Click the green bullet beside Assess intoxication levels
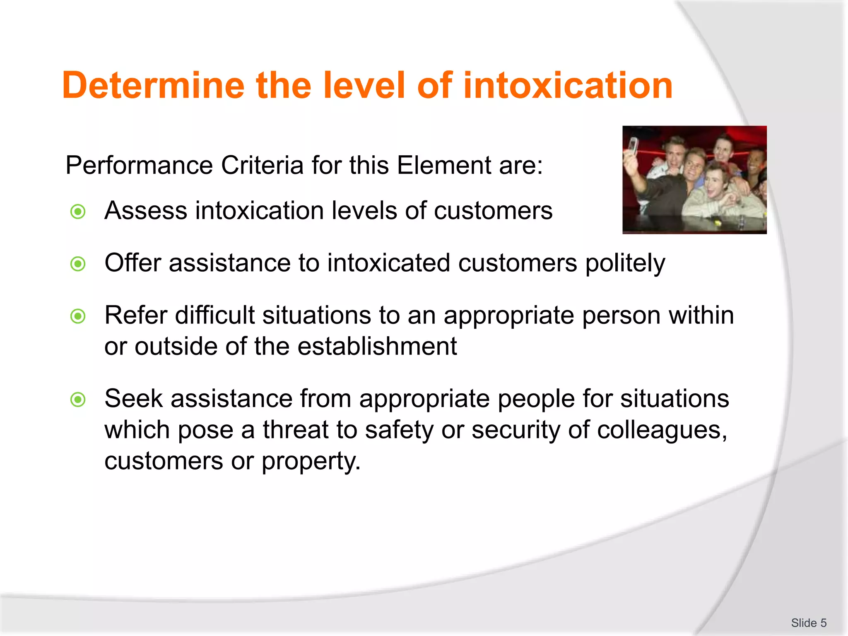(x=78, y=212)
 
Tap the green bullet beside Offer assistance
(x=78, y=264)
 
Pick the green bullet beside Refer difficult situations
(x=78, y=316)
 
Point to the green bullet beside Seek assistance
(x=78, y=400)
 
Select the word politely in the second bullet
(x=625, y=264)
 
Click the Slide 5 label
(x=809, y=623)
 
